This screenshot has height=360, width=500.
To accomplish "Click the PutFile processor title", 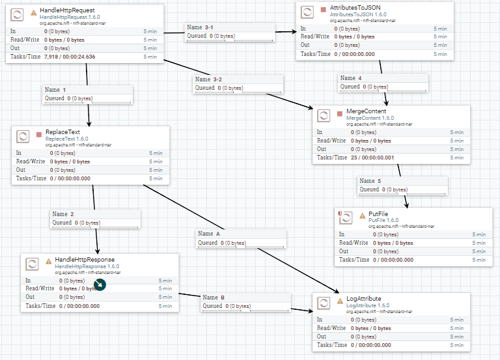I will [378, 215].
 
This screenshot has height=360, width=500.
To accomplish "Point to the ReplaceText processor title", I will [62, 132].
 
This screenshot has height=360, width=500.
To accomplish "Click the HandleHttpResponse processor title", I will [85, 260].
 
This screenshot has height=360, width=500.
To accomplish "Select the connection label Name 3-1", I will [199, 27].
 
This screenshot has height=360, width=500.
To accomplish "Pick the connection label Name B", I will [214, 298].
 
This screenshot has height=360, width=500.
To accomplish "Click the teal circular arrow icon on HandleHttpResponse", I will [99, 284].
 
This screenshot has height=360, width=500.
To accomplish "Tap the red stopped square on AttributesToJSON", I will [323, 10].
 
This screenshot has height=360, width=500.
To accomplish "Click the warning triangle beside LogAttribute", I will [340, 300].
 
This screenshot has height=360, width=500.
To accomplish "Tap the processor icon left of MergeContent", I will [324, 116].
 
